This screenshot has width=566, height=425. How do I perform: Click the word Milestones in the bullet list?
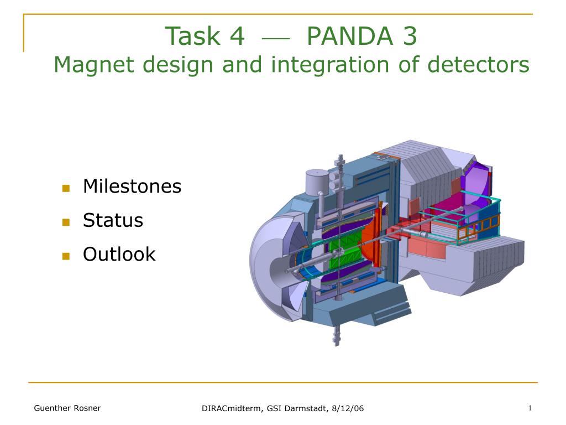tap(132, 186)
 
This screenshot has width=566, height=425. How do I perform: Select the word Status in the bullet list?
tap(113, 220)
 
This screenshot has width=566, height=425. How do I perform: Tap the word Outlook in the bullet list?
tap(119, 254)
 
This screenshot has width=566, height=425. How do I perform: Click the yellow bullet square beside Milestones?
tap(66, 188)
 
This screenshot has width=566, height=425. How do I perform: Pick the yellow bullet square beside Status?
tap(66, 222)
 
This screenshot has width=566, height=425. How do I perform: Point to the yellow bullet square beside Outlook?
tap(66, 256)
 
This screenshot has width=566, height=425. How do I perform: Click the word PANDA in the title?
tap(350, 36)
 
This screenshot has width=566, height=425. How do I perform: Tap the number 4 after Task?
tap(237, 36)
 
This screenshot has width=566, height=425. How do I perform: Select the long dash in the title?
tap(276, 38)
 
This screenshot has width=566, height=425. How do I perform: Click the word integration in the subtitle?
tap(331, 66)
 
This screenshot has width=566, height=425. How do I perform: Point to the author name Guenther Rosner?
tap(67, 408)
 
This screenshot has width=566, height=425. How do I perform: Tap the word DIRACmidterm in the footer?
tap(232, 408)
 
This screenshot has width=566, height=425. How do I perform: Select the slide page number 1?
tap(530, 408)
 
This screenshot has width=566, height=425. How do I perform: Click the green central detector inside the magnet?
tap(345, 250)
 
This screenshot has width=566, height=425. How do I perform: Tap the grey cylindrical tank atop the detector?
tap(317, 183)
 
